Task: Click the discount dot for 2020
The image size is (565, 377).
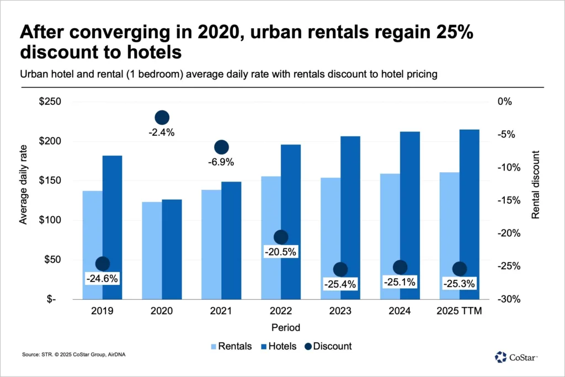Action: [162, 117]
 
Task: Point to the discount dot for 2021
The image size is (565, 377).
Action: [221, 147]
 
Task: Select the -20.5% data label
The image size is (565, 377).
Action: [281, 252]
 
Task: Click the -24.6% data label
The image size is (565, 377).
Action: [102, 279]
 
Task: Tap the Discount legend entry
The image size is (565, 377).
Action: [328, 346]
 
